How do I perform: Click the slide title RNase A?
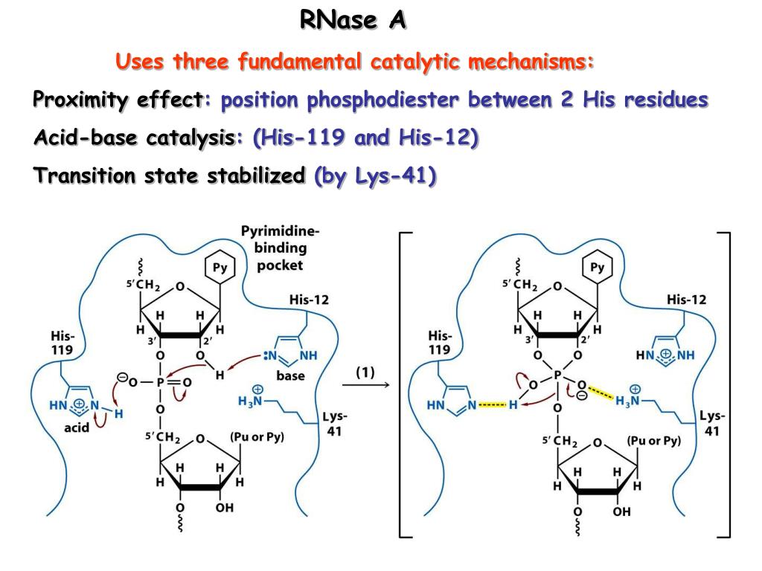(x=353, y=20)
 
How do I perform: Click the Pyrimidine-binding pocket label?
(x=281, y=248)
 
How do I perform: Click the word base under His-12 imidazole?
(x=290, y=376)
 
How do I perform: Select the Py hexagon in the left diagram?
(x=220, y=266)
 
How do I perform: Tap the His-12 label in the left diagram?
(x=309, y=300)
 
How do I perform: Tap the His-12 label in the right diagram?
(x=686, y=300)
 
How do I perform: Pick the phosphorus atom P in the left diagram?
(x=159, y=382)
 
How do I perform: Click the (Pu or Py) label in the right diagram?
(x=653, y=440)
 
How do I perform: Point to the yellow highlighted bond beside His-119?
(x=491, y=405)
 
